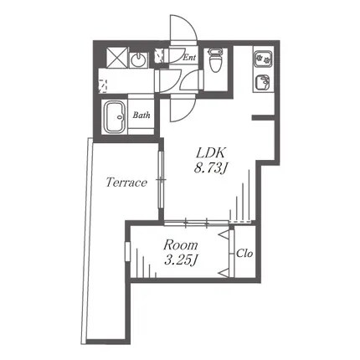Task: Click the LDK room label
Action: (x=211, y=153)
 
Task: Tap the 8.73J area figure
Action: (x=210, y=168)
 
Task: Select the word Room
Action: (x=181, y=245)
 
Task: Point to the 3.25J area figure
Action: (x=181, y=260)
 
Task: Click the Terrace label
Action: (x=126, y=183)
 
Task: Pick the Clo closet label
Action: (x=244, y=254)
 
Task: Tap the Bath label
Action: (x=141, y=115)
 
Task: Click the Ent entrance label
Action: (x=189, y=58)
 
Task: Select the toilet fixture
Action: (x=215, y=60)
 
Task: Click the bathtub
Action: (x=115, y=117)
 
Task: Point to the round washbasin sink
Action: (x=138, y=59)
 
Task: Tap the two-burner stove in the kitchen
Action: (x=263, y=59)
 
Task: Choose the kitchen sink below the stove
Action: (x=263, y=82)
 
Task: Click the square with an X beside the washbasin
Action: (x=117, y=58)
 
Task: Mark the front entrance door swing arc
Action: (x=183, y=28)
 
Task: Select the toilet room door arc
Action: (x=191, y=80)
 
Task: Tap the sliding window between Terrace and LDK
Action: (x=162, y=179)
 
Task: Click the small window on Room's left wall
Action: (x=128, y=251)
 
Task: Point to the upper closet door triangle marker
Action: (x=224, y=234)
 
